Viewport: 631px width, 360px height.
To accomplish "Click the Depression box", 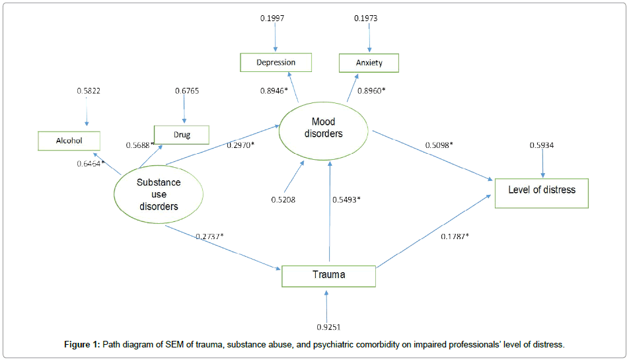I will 276,63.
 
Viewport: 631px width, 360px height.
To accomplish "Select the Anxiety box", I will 369,63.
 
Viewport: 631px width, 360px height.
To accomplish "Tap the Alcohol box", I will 69,140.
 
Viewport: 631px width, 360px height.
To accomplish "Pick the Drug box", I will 182,135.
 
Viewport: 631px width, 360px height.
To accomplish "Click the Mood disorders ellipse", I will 324,128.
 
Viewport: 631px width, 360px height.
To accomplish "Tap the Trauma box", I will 328,275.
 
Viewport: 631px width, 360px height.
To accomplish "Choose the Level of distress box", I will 541,190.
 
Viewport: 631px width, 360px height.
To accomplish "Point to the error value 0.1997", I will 272,18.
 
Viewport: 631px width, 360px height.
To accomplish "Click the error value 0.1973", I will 366,18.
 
